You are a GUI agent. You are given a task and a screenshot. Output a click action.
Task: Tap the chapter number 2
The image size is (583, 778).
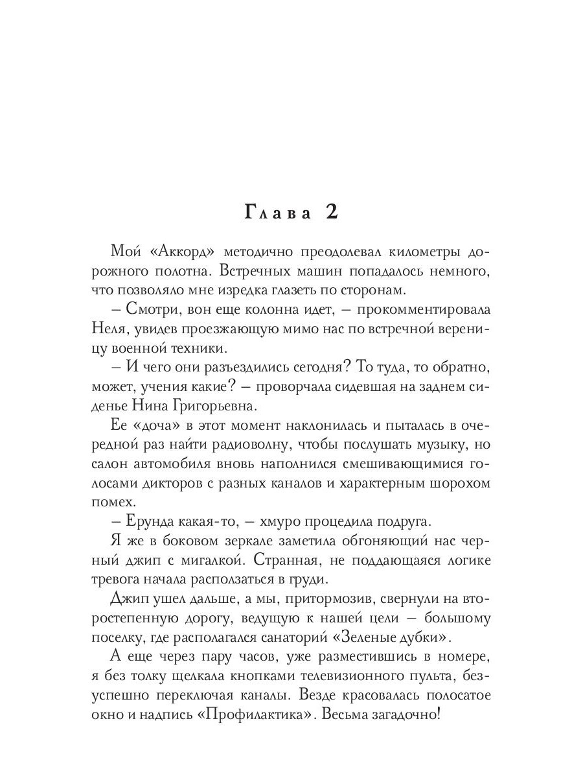[x=330, y=213]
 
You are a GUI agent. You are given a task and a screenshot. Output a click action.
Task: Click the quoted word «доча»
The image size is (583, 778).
[x=158, y=426]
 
